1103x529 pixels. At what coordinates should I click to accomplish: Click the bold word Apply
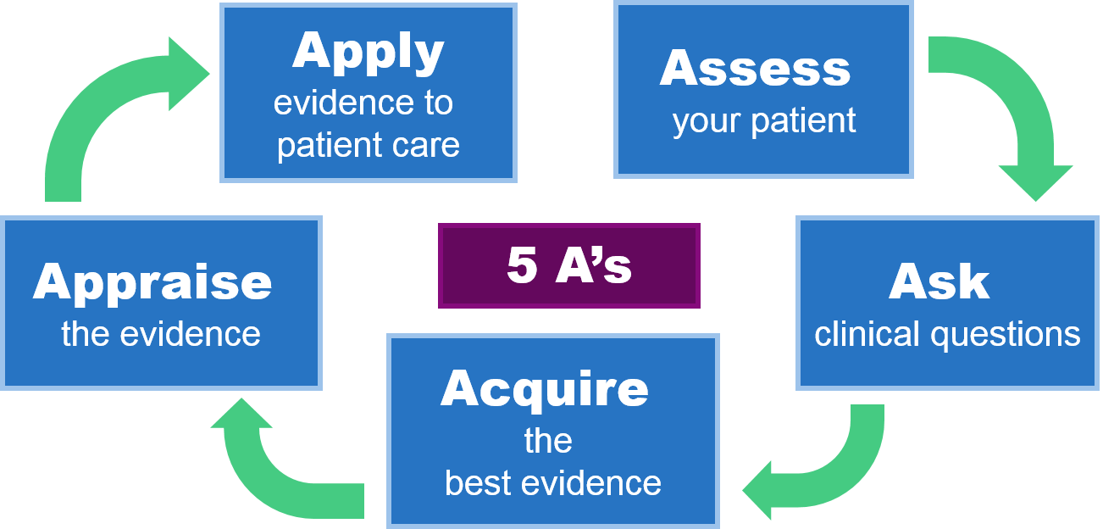point(368,53)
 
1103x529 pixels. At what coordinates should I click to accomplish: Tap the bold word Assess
point(755,69)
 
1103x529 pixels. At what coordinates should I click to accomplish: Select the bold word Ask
point(939,283)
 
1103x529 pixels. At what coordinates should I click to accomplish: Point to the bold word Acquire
point(545,389)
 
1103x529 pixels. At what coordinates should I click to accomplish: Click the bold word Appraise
point(152,283)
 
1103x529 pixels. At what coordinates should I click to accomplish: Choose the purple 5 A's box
point(569,265)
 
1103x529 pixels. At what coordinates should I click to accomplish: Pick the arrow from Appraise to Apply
point(110,102)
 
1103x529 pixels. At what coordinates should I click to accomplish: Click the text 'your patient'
point(764,121)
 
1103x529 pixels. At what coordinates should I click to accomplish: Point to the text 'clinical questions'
point(947,334)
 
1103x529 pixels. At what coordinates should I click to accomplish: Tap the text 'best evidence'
point(553,483)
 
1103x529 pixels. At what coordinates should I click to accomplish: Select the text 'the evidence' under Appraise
point(161,334)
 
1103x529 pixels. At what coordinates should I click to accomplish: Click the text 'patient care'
point(369,145)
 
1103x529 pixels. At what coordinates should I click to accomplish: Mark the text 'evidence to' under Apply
point(363,103)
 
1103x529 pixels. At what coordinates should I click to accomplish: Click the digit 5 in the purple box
point(521,266)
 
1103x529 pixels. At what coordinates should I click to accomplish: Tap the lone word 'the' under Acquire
point(548,441)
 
